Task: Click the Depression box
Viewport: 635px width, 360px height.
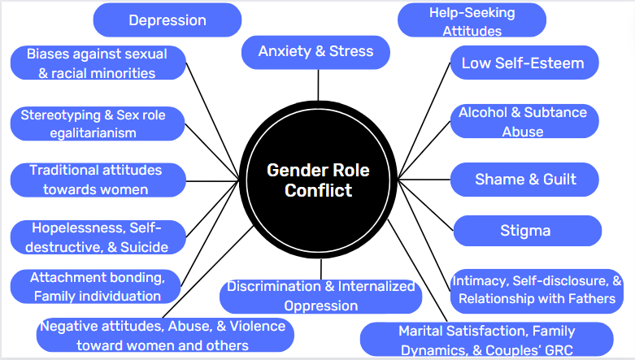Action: click(167, 20)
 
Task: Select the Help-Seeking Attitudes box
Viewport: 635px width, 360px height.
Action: click(472, 21)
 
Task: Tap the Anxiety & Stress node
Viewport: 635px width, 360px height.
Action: click(316, 52)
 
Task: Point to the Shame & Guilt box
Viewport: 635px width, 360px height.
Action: click(525, 180)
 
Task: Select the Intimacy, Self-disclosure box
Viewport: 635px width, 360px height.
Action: click(537, 290)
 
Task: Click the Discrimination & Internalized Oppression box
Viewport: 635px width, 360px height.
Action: click(320, 296)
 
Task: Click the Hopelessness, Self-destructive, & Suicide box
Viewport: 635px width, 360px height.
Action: click(98, 236)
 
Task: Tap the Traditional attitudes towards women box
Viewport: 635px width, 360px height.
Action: click(96, 180)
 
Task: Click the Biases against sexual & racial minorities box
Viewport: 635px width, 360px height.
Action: click(98, 63)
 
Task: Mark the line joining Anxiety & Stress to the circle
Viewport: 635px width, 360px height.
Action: click(318, 84)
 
